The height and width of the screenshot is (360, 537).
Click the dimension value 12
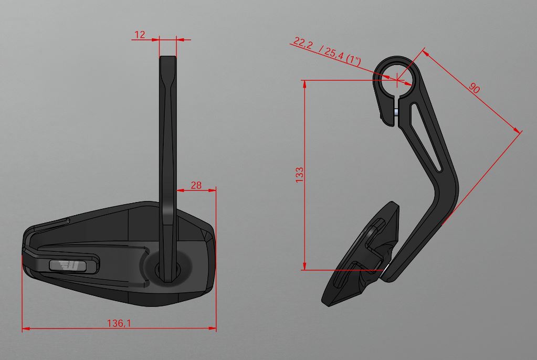(140, 35)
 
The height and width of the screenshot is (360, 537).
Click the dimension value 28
(196, 185)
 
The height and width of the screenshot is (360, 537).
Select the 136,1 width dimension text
(119, 323)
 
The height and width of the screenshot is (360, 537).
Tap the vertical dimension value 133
(299, 174)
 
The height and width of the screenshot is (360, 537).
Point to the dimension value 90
(474, 88)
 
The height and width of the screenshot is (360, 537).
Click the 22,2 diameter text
(302, 44)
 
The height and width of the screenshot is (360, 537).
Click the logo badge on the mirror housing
(67, 266)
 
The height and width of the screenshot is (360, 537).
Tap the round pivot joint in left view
(168, 269)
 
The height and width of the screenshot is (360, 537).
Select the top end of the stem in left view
(168, 59)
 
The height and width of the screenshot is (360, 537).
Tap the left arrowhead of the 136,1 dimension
(25, 329)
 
